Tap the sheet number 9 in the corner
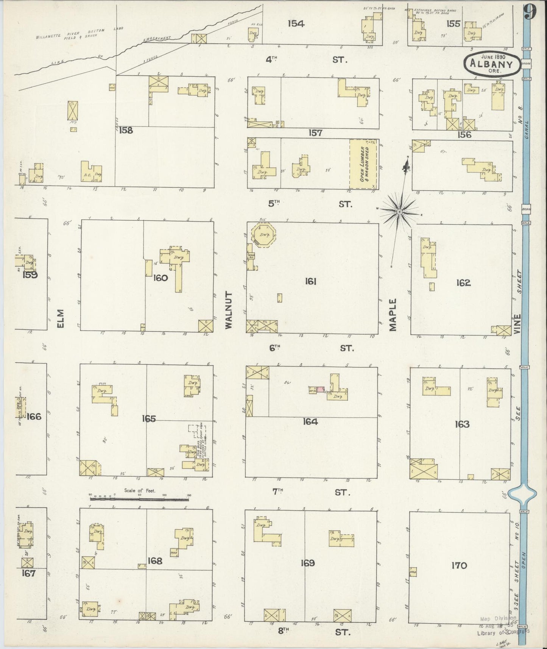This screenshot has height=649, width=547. [531, 13]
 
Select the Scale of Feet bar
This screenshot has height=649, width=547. [139, 499]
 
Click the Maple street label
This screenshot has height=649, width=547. [393, 315]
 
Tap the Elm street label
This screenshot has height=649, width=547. [61, 319]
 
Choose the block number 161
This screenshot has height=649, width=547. [310, 281]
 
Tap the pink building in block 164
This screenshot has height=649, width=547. [321, 389]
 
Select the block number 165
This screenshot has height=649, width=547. [149, 418]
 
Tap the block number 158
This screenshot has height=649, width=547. [126, 130]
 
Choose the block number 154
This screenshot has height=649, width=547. [296, 23]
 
